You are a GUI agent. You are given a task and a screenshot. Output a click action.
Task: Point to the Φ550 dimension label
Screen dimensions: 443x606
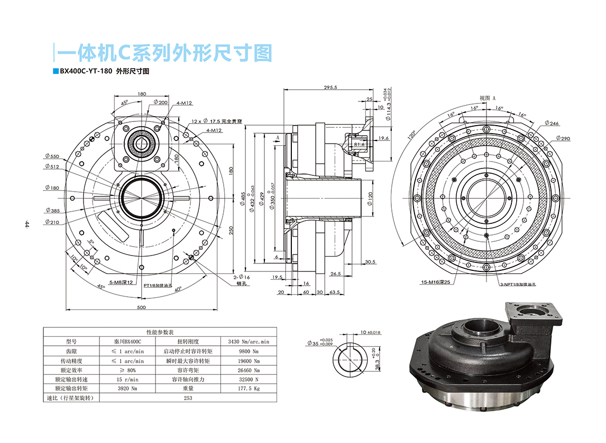(52, 157)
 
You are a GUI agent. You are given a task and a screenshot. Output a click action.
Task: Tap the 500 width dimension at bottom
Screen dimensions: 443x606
(141, 307)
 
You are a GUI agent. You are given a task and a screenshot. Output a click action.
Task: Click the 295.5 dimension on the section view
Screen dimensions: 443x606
(330, 87)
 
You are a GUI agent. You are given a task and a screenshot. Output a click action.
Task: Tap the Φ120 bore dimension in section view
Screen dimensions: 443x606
(370, 199)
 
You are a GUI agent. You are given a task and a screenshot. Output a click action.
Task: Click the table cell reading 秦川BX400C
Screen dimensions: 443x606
(128, 342)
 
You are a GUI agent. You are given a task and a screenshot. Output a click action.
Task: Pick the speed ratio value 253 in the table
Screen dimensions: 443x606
(188, 398)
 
